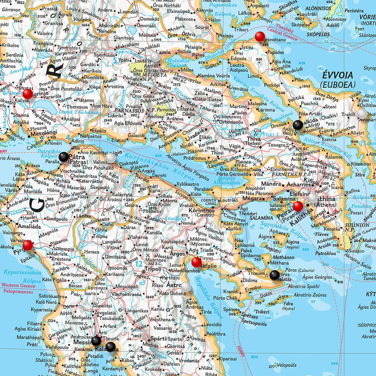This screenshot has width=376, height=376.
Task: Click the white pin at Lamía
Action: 155,57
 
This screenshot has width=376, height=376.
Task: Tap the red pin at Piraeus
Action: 298,206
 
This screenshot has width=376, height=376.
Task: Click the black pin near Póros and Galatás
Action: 274,275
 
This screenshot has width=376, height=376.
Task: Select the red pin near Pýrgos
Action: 27,246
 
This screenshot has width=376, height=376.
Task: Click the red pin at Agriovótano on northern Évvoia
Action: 259,37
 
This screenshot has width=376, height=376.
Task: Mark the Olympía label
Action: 65,249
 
